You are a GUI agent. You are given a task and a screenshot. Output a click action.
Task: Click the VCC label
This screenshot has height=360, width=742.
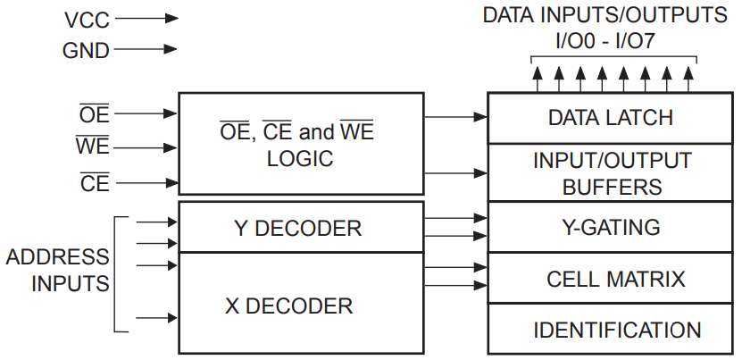tap(87, 18)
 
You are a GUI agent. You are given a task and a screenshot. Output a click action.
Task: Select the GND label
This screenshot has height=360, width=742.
tap(86, 51)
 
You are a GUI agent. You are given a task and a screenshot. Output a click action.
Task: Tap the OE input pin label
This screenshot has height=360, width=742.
tap(94, 113)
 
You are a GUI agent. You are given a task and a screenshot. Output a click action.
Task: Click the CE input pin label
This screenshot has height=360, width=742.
tap(94, 183)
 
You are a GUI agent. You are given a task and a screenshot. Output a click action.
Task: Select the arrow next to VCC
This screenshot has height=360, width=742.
tap(146, 18)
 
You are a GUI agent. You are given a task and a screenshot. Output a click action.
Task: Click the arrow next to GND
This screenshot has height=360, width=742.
tap(146, 51)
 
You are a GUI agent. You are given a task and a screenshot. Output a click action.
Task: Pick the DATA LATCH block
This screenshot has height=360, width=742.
tap(610, 118)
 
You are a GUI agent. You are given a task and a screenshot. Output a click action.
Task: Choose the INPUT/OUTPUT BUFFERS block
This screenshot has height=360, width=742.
tap(610, 173)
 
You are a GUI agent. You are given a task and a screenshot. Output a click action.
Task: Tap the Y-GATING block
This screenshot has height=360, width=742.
tap(610, 228)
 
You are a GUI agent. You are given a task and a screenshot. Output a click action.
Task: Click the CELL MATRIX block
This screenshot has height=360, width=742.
tap(610, 279)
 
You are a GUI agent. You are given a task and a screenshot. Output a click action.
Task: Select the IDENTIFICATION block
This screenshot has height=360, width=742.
tap(610, 330)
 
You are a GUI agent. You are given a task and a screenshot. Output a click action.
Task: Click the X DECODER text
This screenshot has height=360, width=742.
tap(288, 306)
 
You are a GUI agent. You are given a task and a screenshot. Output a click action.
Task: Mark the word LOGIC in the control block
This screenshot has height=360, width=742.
tap(300, 160)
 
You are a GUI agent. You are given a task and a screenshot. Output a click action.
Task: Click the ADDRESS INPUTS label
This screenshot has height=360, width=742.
tap(57, 271)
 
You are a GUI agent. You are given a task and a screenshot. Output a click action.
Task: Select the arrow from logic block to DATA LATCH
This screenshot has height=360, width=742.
tap(455, 117)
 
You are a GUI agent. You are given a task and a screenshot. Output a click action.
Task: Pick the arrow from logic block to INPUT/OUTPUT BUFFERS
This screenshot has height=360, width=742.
tap(455, 173)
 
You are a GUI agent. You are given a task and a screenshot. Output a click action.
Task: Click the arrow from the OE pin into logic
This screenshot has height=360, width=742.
tap(146, 113)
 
